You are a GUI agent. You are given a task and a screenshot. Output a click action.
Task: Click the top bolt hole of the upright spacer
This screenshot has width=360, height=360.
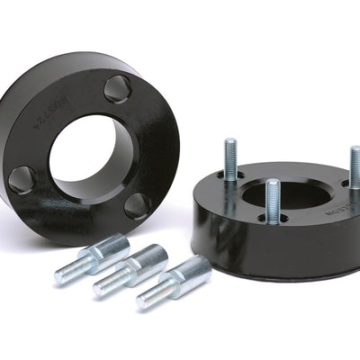pos(117,88)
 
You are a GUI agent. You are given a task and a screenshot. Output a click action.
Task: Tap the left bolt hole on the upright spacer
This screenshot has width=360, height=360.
pos(22,178)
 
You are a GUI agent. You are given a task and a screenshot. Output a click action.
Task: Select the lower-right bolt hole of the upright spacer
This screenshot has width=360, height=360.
pos(137,205)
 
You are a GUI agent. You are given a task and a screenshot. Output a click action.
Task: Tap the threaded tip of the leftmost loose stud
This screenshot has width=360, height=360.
pos(67,273)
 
